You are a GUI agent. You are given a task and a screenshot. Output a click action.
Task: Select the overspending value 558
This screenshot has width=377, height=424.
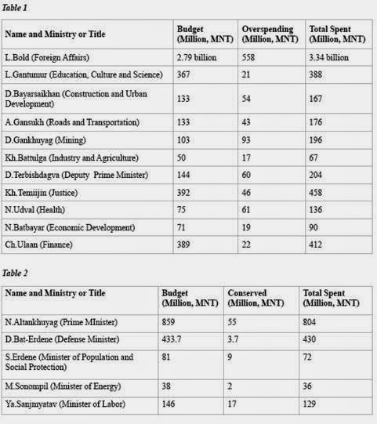251,57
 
